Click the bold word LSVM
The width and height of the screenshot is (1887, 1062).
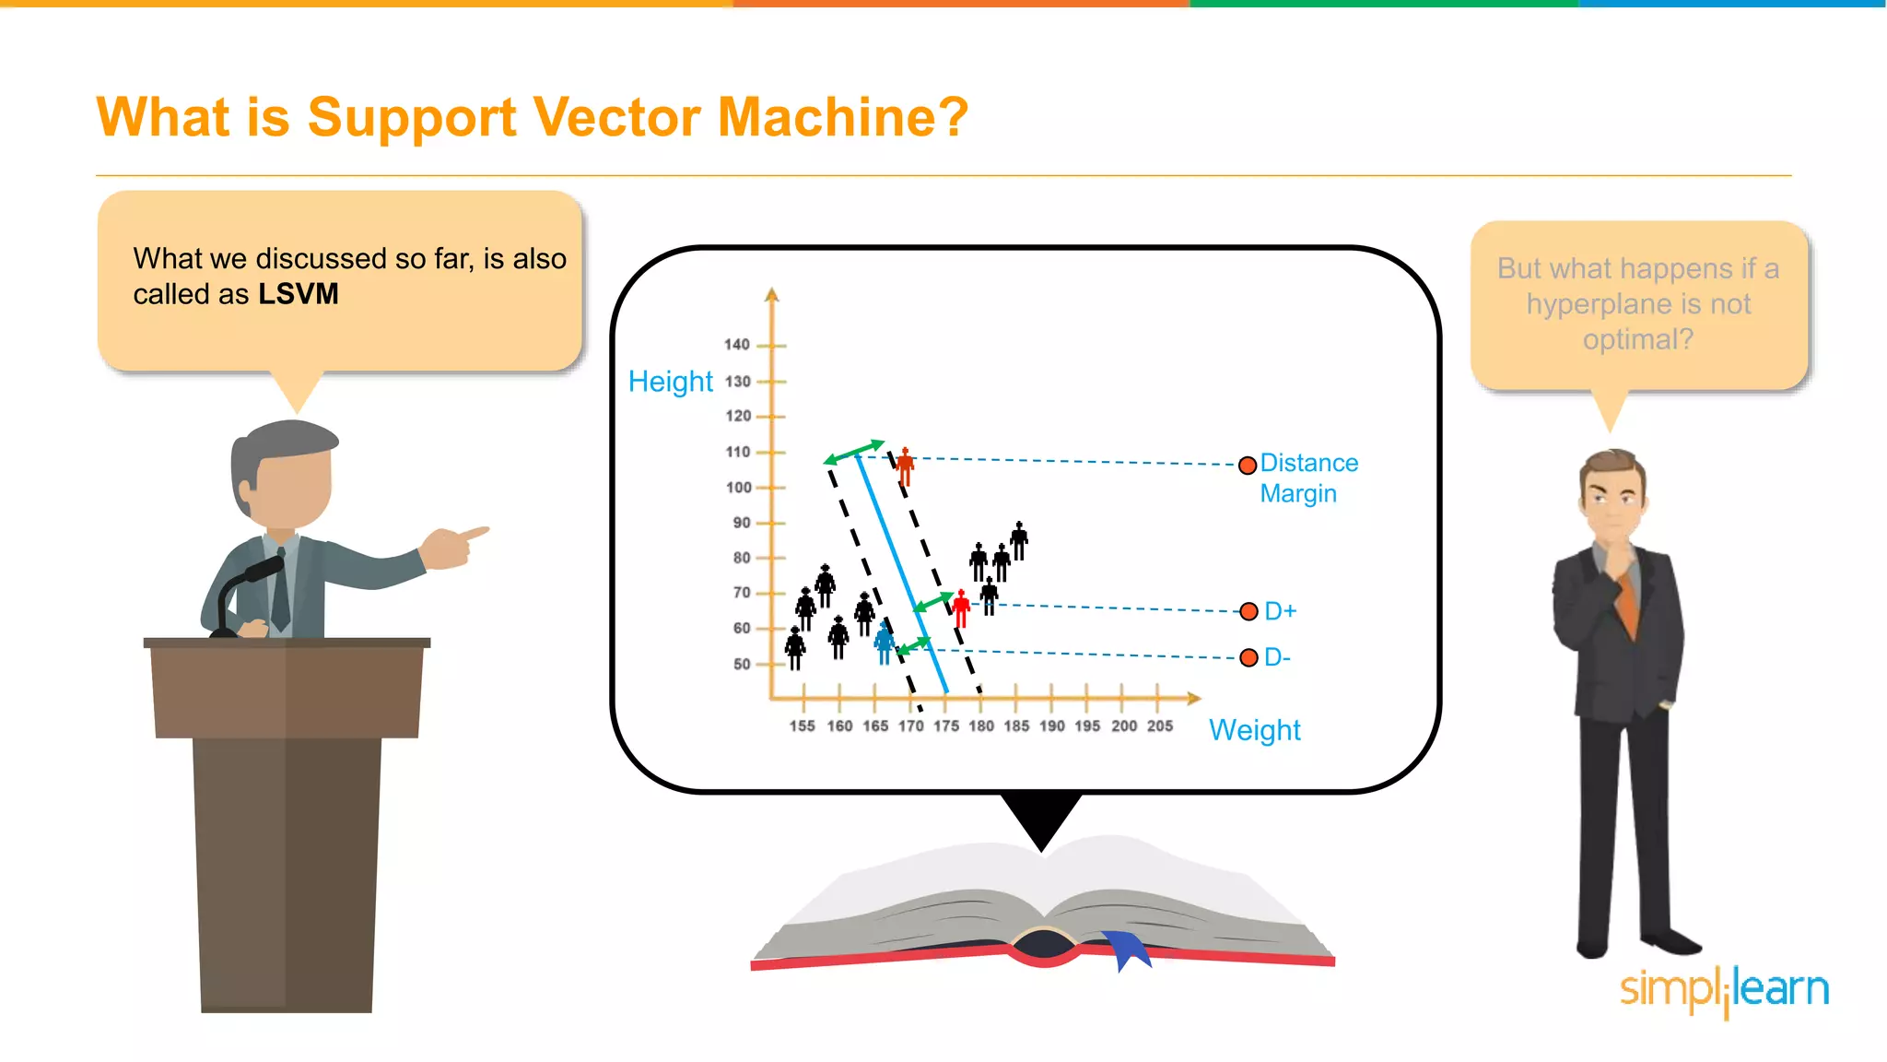(298, 294)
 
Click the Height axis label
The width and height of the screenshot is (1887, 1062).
(670, 382)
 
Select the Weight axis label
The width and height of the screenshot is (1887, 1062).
(1254, 730)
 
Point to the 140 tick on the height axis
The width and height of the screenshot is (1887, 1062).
(737, 345)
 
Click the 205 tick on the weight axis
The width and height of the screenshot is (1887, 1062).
(1159, 726)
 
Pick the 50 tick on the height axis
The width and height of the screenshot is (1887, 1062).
(742, 664)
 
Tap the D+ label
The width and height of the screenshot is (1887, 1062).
(1280, 611)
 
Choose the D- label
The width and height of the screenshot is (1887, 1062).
(1277, 657)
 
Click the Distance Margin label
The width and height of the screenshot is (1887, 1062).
(1307, 478)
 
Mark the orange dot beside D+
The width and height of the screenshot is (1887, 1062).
(1248, 611)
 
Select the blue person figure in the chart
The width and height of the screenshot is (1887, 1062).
(885, 643)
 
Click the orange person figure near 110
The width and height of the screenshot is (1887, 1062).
(905, 466)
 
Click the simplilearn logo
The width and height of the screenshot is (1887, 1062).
(1723, 989)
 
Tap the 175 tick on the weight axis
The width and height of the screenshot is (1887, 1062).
(945, 726)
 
